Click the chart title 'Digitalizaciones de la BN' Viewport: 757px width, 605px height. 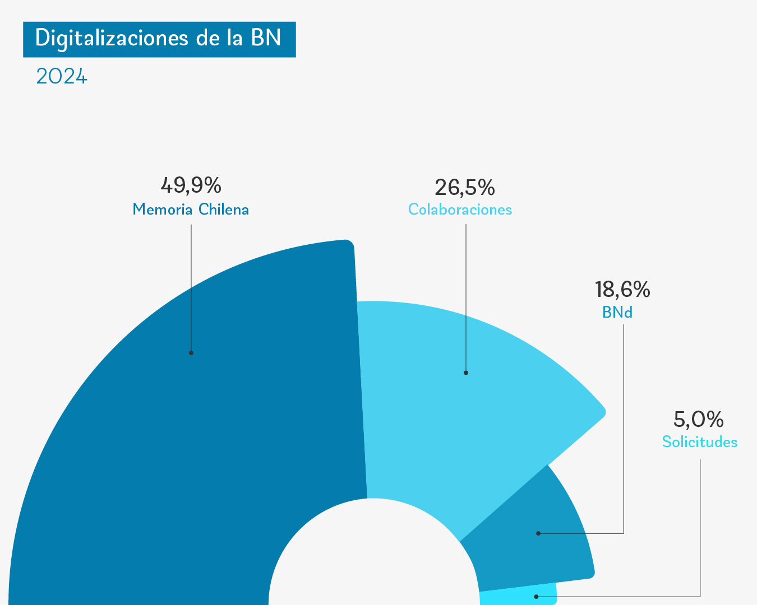tap(159, 39)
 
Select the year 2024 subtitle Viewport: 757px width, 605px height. tap(62, 77)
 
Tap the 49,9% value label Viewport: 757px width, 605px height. tap(191, 184)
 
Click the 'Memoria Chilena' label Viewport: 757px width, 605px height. tap(191, 210)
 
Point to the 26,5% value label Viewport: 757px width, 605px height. tap(465, 188)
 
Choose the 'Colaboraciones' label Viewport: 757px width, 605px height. tap(460, 210)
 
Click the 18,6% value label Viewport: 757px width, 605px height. tap(622, 290)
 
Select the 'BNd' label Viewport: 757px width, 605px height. tap(617, 312)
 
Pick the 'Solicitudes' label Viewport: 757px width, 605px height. tap(700, 442)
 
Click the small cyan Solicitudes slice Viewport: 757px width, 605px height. tap(516, 597)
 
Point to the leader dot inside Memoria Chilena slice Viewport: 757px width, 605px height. tap(191, 353)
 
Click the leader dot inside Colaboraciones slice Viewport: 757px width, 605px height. tap(466, 373)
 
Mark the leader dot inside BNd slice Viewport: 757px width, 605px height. tap(538, 533)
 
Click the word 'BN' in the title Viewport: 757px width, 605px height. tap(266, 39)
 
